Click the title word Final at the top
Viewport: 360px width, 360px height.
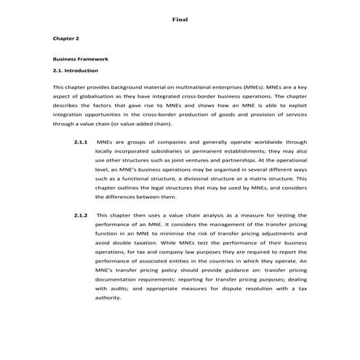click(180, 18)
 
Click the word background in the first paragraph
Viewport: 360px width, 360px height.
click(135, 87)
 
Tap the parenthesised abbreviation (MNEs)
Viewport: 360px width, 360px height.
click(253, 87)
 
